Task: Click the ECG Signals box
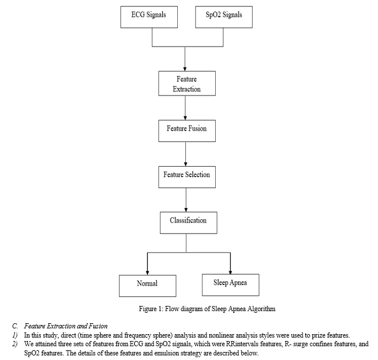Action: point(149,17)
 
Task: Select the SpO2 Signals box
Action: point(224,17)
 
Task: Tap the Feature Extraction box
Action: point(187,83)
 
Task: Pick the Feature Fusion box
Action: point(187,131)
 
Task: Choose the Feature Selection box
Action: point(187,177)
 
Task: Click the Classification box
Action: point(189,223)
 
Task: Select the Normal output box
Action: point(147,286)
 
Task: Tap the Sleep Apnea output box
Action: point(231,285)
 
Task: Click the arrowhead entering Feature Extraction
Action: point(185,69)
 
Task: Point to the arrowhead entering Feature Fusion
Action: point(185,118)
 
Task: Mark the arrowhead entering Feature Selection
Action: point(185,164)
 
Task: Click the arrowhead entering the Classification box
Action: point(186,210)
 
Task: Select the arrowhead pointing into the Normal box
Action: point(147,273)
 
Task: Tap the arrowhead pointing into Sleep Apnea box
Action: point(230,272)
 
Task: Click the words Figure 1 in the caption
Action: point(151,309)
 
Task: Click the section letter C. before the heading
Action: point(15,326)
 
